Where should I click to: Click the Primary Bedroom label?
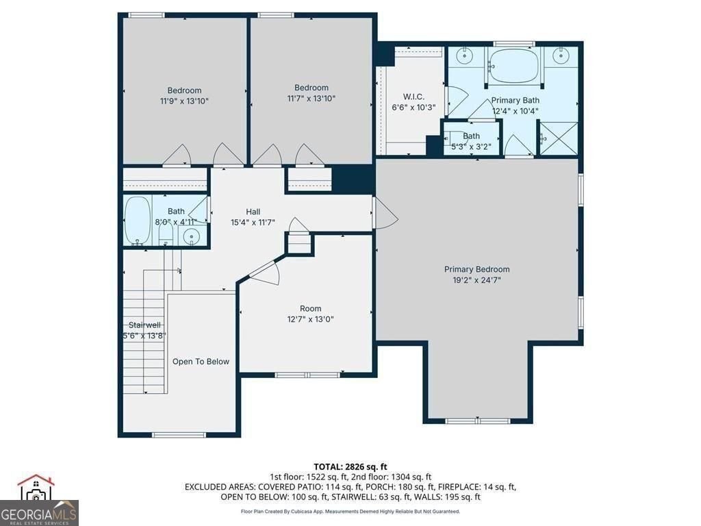(x=476, y=269)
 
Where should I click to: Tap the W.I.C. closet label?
(x=413, y=97)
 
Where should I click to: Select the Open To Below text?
(x=201, y=362)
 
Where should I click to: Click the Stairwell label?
(x=144, y=325)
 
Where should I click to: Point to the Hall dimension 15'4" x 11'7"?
(x=253, y=223)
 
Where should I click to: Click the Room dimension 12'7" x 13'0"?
(x=310, y=319)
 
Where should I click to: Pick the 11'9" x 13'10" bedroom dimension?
(x=184, y=101)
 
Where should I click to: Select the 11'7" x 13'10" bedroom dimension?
(x=311, y=99)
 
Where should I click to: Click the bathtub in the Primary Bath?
(x=514, y=65)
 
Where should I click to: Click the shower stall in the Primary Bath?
(x=559, y=138)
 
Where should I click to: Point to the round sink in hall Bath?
(x=192, y=235)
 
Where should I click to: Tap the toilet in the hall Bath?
(x=166, y=233)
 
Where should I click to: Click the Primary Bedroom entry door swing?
(x=385, y=213)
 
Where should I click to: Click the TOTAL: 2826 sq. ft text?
(x=350, y=467)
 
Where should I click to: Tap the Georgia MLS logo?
(x=39, y=500)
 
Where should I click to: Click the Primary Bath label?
(x=515, y=100)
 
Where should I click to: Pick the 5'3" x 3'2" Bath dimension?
(x=471, y=147)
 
